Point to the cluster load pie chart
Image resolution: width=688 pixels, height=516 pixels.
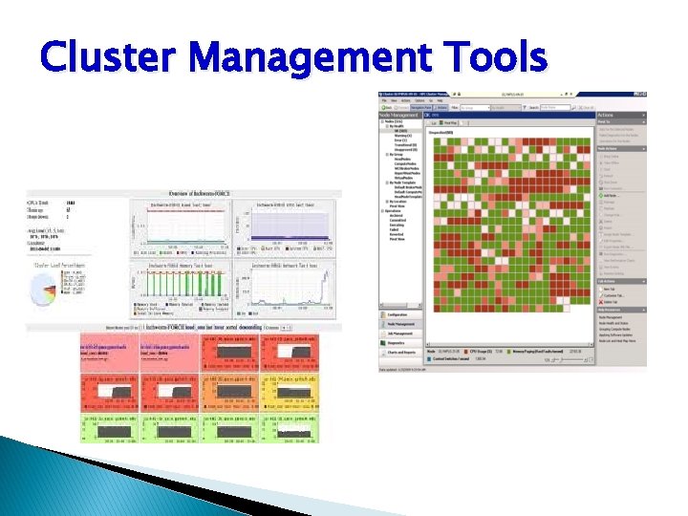44,290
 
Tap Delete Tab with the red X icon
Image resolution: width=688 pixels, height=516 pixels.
612,301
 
